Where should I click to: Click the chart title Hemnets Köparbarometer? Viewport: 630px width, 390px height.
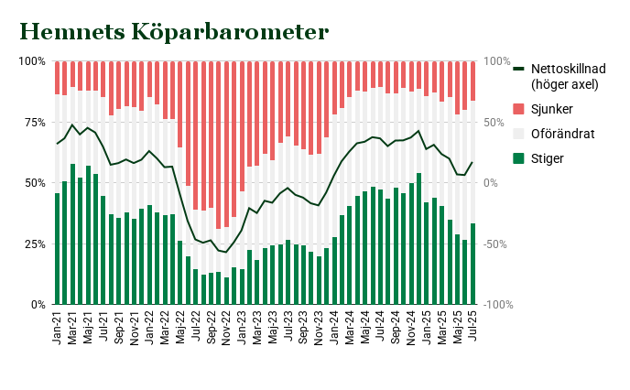point(174,32)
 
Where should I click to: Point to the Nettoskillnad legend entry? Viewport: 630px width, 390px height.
point(564,76)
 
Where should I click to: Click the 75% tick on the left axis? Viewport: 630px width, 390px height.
point(33,122)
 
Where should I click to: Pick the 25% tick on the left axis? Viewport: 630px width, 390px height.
point(33,244)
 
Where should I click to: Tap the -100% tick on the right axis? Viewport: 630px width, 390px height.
point(498,304)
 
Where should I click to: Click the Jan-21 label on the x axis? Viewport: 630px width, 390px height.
point(57,326)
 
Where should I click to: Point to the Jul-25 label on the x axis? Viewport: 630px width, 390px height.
point(473,326)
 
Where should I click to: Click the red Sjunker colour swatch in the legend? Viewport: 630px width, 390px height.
point(518,109)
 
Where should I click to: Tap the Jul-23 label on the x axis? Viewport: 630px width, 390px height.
point(288,326)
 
